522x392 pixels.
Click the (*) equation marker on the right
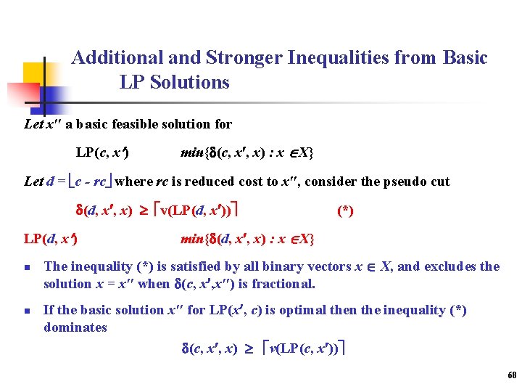(345, 211)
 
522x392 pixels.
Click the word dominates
(75, 327)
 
